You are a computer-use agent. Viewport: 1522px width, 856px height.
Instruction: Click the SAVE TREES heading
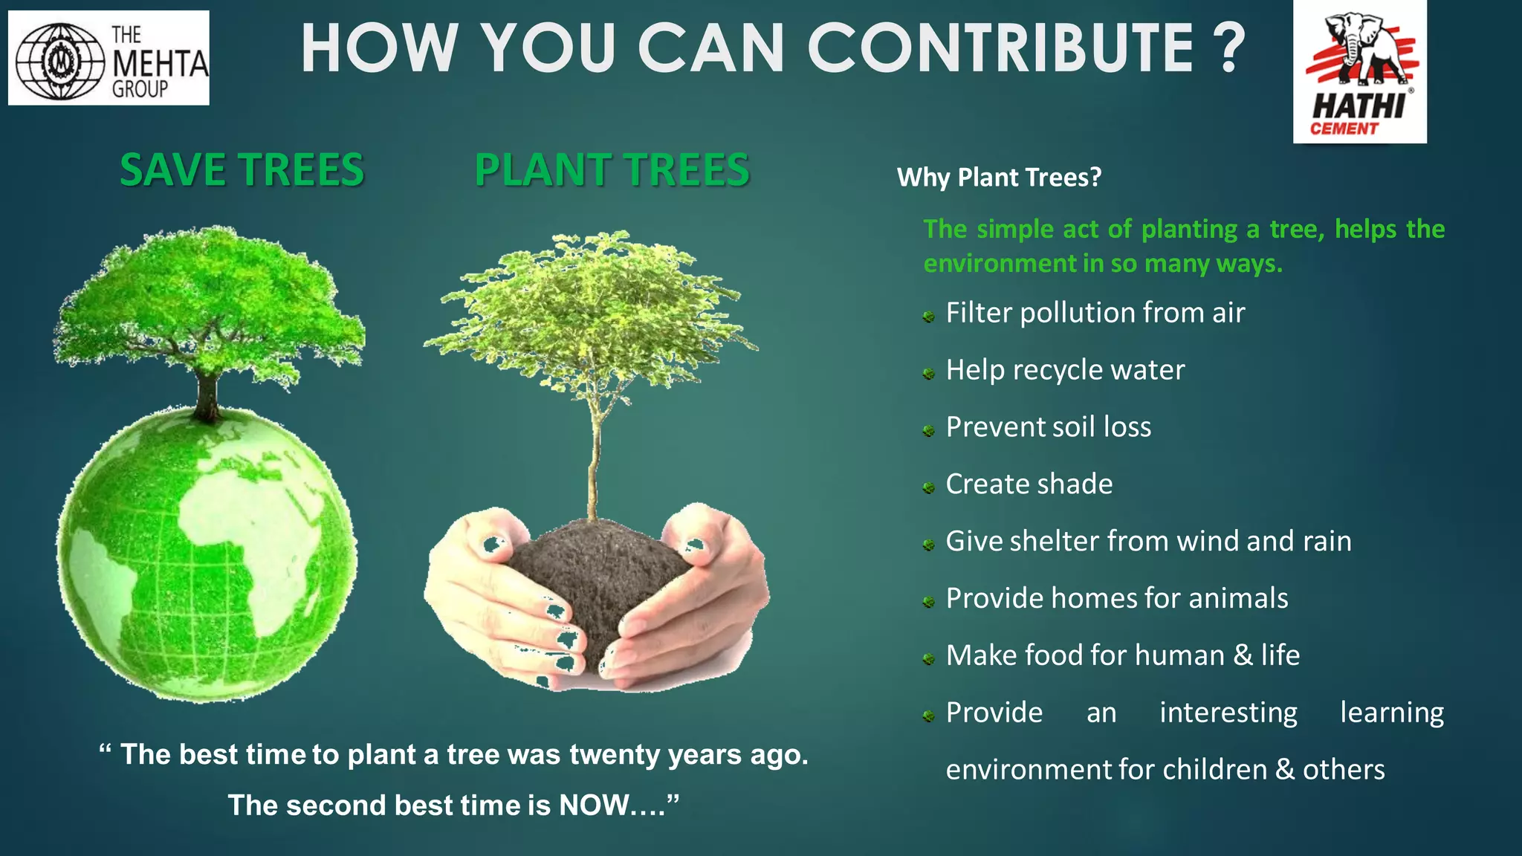pyautogui.click(x=242, y=169)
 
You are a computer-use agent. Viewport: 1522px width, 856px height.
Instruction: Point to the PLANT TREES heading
pyautogui.click(x=612, y=169)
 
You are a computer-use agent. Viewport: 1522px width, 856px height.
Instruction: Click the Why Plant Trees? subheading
pyautogui.click(x=999, y=178)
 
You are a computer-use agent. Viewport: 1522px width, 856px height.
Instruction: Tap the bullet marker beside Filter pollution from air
pyautogui.click(x=928, y=317)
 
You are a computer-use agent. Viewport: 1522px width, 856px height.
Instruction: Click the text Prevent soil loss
pyautogui.click(x=1048, y=427)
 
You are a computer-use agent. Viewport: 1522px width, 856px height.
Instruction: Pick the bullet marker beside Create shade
pyautogui.click(x=928, y=488)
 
